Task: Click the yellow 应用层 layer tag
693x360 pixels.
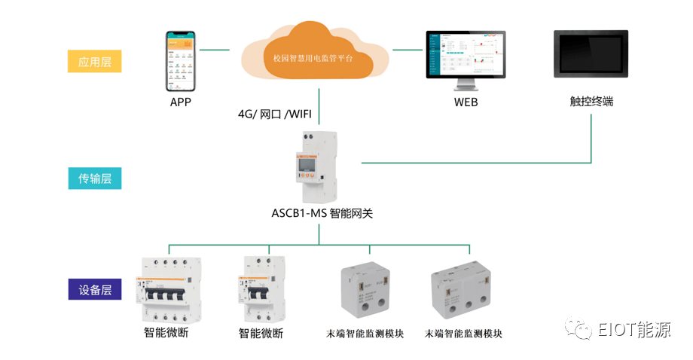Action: [x=94, y=61]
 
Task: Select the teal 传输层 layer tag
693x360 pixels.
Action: [x=94, y=178]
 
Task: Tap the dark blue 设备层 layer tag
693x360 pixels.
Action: [x=94, y=289]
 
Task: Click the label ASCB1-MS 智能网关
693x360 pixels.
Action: [x=322, y=213]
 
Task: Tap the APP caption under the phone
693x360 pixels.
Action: [x=181, y=101]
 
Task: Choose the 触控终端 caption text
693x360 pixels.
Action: [x=591, y=101]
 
